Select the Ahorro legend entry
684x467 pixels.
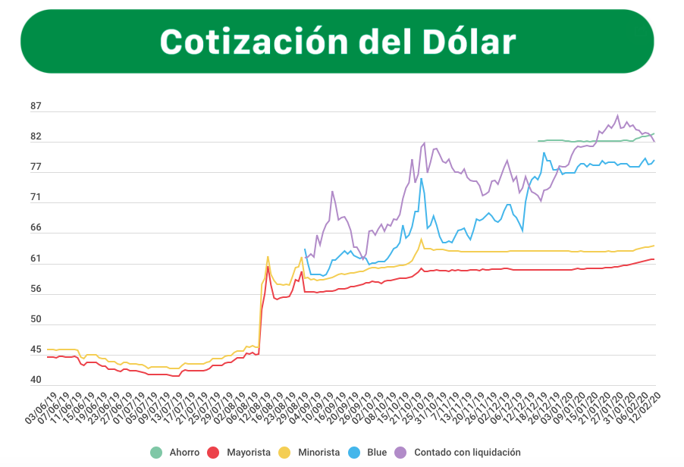click(180, 453)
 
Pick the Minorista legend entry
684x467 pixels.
click(319, 453)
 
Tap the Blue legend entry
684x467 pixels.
click(376, 453)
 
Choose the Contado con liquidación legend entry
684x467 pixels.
click(467, 453)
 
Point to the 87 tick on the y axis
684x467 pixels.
click(36, 106)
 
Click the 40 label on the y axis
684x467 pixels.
click(36, 381)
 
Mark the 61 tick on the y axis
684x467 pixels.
click(36, 259)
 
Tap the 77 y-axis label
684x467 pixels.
click(36, 168)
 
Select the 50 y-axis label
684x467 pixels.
click(36, 320)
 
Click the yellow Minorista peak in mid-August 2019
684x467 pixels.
click(268, 256)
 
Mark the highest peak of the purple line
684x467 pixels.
click(617, 116)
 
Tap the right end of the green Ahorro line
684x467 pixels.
click(654, 134)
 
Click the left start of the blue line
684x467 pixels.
click(305, 249)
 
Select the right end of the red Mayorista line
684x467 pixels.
click(654, 259)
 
